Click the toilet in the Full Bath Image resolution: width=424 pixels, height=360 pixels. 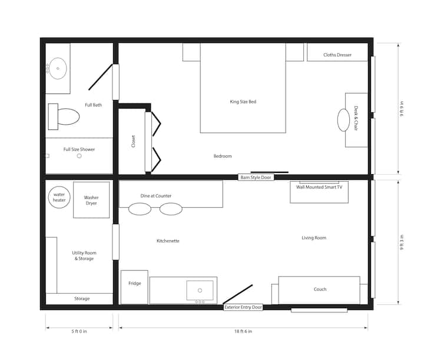pos(64,116)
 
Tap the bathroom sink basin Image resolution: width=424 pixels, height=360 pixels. pos(58,68)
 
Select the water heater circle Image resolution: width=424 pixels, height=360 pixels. pos(59,198)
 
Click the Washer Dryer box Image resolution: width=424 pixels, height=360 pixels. pos(91,200)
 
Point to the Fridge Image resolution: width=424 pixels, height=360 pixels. pos(134,287)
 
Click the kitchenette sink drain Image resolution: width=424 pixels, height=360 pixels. pos(200,291)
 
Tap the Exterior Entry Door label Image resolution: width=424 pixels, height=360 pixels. pos(243,307)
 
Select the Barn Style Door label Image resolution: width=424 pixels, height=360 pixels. pos(256,177)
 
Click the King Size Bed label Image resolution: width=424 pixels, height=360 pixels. pos(243,102)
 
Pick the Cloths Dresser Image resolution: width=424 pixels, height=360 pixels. pos(337,52)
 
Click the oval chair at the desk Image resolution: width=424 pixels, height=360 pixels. pos(343,120)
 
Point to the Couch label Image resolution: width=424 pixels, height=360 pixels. pos(320,289)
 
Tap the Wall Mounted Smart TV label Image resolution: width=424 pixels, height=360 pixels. pos(319,187)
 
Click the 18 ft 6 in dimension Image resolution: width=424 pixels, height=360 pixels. pos(243,331)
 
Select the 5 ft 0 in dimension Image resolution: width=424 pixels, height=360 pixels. pos(79,331)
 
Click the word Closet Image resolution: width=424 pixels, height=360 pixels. pos(133,141)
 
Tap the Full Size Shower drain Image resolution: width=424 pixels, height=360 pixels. pos(79,156)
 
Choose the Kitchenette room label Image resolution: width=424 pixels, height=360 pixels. pos(168,241)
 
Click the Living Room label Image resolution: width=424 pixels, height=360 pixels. pos(314,238)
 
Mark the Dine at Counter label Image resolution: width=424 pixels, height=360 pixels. pos(155,196)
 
